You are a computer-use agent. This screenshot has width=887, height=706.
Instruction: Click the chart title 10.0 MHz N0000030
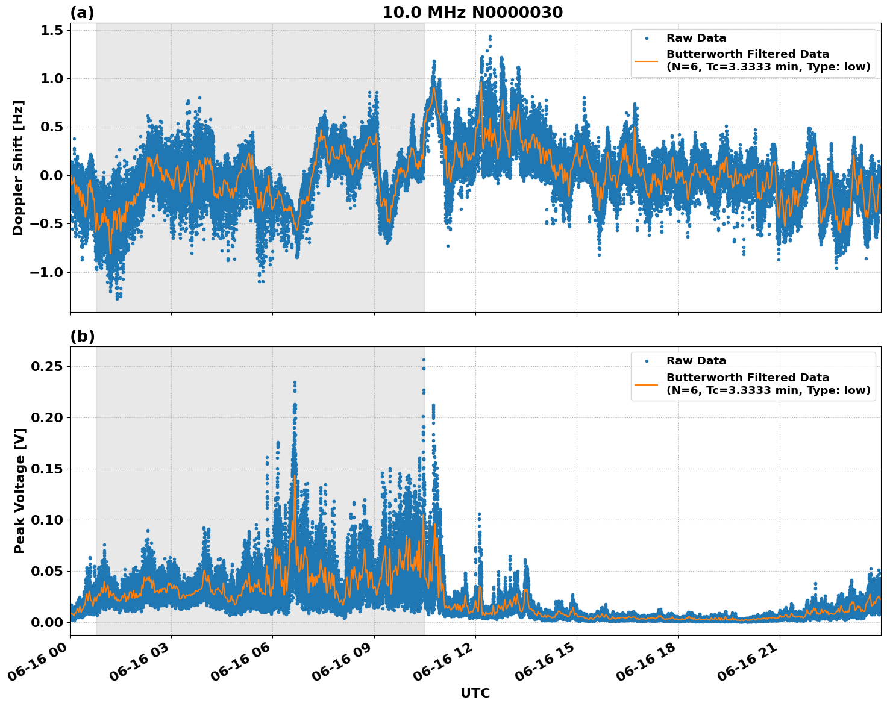[x=472, y=13]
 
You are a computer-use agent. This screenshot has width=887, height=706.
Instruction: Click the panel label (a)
[x=82, y=13]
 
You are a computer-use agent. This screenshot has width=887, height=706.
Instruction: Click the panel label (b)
[x=82, y=336]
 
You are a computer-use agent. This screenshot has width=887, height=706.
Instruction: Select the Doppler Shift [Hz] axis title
[x=18, y=167]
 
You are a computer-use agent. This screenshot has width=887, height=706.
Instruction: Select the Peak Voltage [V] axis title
[x=20, y=504]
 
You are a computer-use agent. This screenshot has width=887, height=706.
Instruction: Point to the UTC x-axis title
[x=475, y=693]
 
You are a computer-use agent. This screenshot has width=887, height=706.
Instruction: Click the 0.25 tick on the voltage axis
[x=48, y=366]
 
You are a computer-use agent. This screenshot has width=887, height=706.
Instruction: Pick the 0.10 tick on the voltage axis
[x=48, y=520]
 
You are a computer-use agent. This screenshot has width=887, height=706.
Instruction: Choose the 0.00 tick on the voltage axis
[x=48, y=622]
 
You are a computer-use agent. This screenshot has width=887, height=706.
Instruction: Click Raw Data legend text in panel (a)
[x=696, y=38]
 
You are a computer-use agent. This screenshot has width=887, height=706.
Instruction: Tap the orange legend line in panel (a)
[x=647, y=60]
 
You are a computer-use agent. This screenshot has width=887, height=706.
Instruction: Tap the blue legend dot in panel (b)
[x=647, y=361]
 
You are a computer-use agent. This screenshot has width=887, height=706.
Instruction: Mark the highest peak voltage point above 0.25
[x=424, y=360]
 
